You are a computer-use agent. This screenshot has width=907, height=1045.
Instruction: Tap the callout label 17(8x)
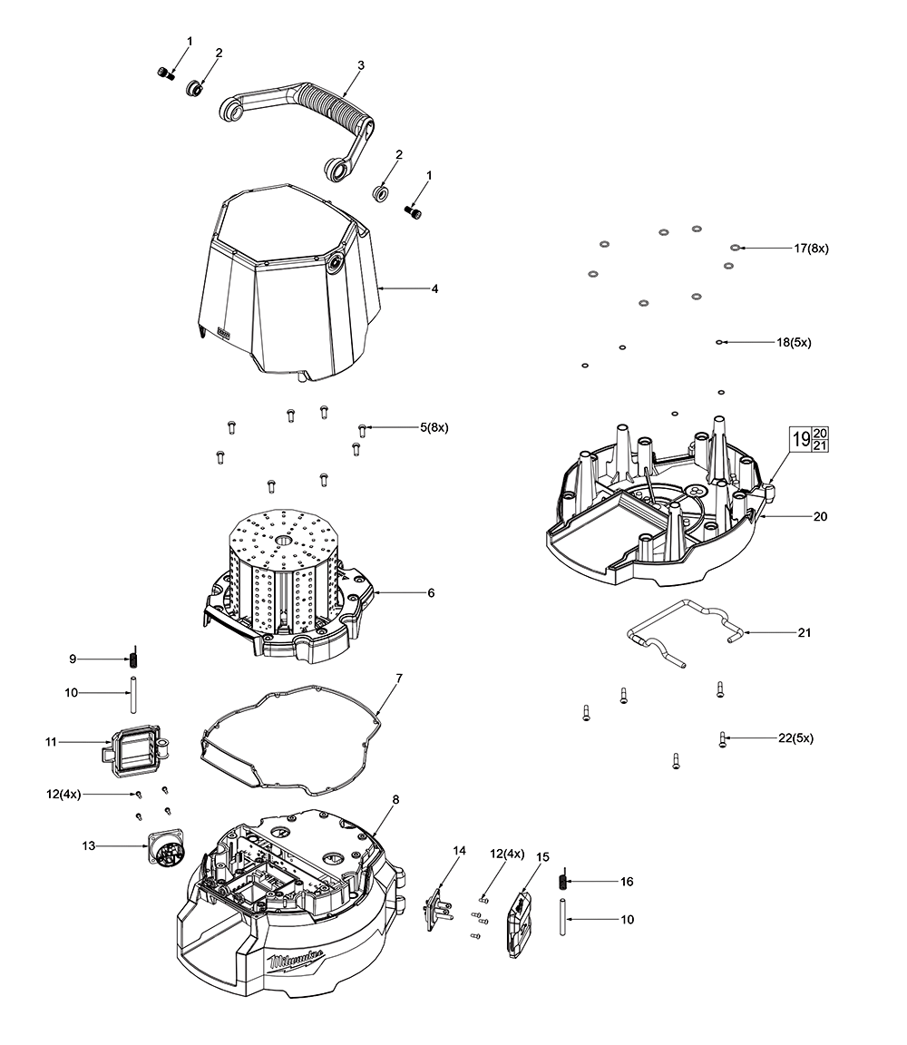[x=811, y=248]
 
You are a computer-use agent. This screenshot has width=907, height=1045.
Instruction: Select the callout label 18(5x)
[x=794, y=343]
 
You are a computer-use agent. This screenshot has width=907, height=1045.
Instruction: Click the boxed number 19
[x=801, y=439]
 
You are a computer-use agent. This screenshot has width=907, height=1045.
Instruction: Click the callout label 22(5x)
[x=795, y=738]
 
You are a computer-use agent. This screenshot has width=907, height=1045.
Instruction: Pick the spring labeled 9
[x=133, y=658]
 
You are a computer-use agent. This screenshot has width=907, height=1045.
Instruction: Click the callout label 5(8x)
[x=434, y=426]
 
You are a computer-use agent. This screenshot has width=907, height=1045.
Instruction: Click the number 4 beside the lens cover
[x=434, y=288]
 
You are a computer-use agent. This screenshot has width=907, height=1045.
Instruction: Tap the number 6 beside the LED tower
[x=430, y=592]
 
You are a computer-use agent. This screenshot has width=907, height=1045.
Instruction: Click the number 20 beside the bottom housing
[x=820, y=515]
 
